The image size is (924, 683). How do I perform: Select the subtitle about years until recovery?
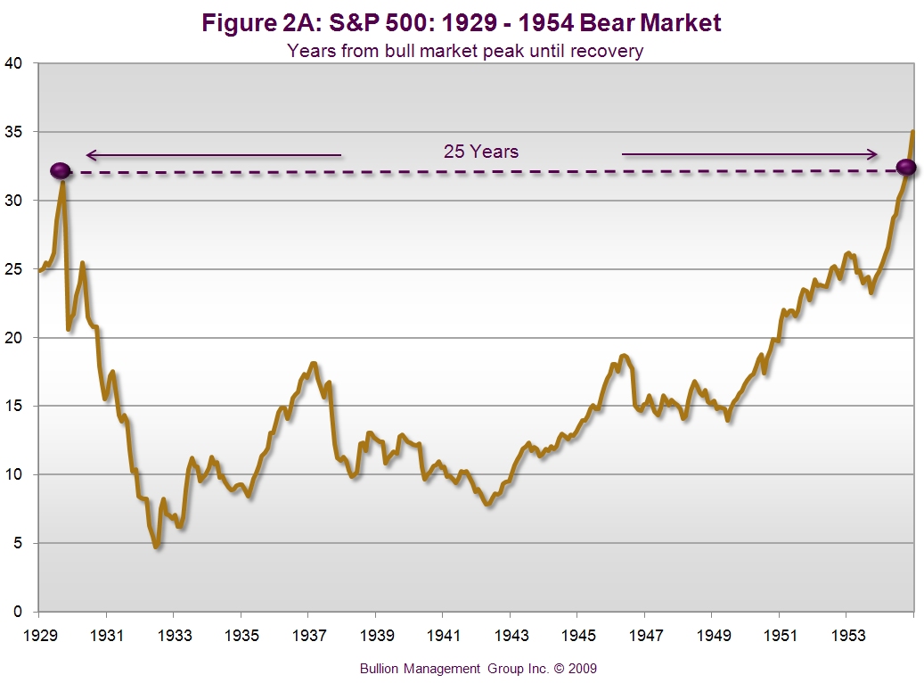point(464,51)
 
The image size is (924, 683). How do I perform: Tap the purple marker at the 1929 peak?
point(60,170)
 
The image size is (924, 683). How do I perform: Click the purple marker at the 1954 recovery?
point(906,168)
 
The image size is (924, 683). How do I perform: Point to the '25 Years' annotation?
point(481,152)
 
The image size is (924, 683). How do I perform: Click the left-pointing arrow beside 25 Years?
point(213,154)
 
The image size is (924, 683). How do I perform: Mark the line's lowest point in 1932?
point(157,547)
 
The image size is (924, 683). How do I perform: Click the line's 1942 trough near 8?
point(487,505)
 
